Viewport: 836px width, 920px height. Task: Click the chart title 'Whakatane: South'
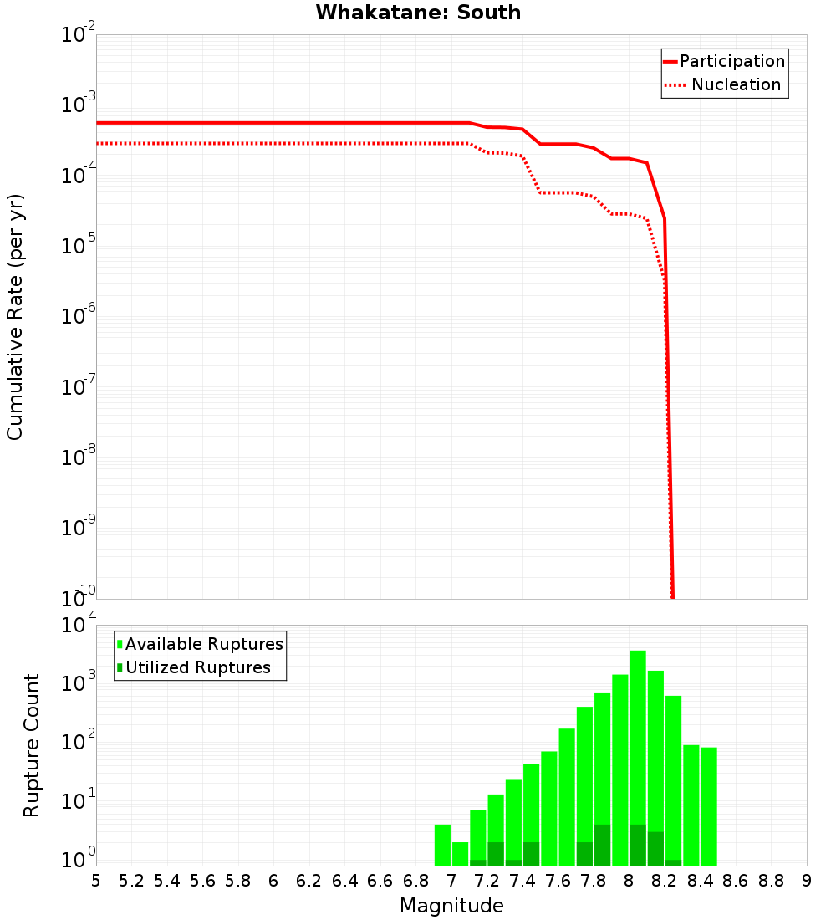point(418,13)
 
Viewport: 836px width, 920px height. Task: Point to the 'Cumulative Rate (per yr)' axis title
point(15,317)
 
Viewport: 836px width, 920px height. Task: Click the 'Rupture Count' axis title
point(32,745)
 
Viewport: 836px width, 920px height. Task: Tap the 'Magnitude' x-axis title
point(451,906)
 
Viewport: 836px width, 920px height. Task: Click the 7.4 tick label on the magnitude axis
point(522,881)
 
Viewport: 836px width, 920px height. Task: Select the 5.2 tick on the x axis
point(131,881)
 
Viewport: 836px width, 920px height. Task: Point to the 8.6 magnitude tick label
point(736,881)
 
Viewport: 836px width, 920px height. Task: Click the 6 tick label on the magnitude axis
point(273,881)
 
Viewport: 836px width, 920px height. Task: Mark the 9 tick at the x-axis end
point(807,881)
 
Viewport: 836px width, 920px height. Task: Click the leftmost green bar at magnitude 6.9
point(442,845)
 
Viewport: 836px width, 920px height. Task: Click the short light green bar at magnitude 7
point(460,854)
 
